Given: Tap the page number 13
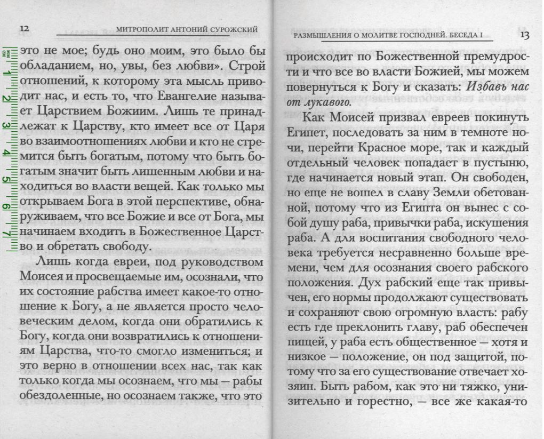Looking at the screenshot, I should coord(523,35).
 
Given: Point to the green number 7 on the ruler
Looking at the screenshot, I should coord(7,233).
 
